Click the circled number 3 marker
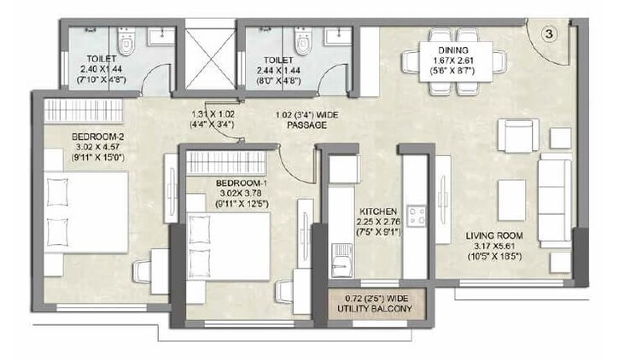coord(550,33)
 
